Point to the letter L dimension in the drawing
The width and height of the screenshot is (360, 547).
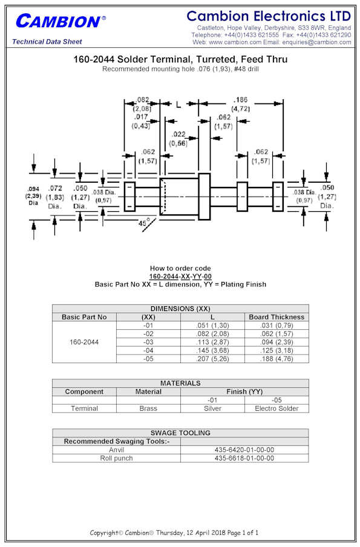(x=178, y=104)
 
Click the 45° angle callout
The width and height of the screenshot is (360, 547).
(x=144, y=222)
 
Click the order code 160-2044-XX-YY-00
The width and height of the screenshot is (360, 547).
(x=180, y=277)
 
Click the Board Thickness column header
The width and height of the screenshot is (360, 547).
(x=277, y=317)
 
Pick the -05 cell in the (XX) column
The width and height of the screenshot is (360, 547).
(x=148, y=359)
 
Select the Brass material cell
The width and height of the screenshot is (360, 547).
(x=148, y=408)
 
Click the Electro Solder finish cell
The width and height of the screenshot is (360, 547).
(x=277, y=408)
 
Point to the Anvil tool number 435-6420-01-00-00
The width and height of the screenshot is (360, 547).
(x=244, y=450)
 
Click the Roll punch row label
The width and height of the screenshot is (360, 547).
(x=117, y=458)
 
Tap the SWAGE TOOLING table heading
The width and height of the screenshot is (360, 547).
(x=180, y=433)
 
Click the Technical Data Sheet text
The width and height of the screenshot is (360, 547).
(x=47, y=42)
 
